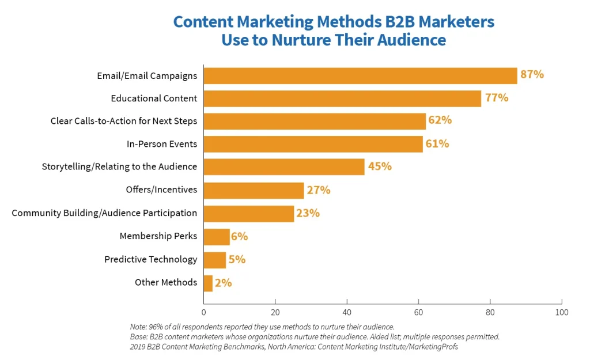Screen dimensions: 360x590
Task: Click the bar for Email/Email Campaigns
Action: (x=360, y=75)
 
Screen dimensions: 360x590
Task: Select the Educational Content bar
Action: (x=342, y=98)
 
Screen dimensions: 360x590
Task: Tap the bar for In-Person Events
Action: (x=313, y=144)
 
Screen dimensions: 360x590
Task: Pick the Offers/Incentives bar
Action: (x=254, y=190)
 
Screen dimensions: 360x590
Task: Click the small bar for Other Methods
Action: (x=208, y=283)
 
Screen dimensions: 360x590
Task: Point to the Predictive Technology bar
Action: (x=214, y=260)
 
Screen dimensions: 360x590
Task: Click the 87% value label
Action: (x=531, y=74)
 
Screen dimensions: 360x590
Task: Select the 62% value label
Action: (x=440, y=120)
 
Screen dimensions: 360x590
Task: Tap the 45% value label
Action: (x=379, y=166)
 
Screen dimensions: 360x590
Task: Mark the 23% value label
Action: (x=308, y=213)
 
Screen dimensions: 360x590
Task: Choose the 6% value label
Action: (x=240, y=236)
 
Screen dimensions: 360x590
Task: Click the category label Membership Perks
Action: (x=158, y=236)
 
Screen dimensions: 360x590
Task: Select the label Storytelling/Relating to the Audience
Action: (x=119, y=166)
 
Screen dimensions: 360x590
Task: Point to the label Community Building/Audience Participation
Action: (x=104, y=213)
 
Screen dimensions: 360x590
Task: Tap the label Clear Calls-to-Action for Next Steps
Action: (x=124, y=121)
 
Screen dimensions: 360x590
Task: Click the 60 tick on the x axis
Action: (x=418, y=312)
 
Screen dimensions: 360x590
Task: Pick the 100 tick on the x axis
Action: (x=562, y=312)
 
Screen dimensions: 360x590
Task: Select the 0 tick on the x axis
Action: (x=203, y=312)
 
